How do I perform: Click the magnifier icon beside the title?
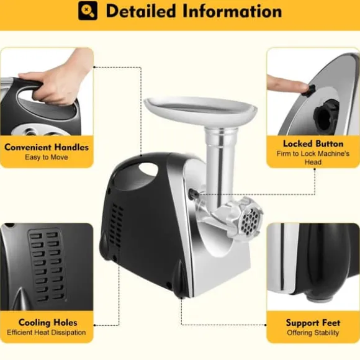tap(88, 11)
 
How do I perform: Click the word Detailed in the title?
tap(141, 11)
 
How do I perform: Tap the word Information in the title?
tap(232, 11)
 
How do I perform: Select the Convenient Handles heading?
tap(47, 147)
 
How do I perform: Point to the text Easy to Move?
tap(47, 157)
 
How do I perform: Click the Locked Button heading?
tap(313, 144)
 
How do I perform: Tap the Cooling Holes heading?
tap(48, 323)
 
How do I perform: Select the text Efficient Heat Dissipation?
tap(47, 333)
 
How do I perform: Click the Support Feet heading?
tap(313, 323)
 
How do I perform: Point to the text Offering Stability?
tap(313, 333)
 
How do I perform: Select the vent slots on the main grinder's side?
tap(116, 224)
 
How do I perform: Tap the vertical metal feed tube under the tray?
tap(217, 165)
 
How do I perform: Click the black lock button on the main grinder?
tap(193, 194)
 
